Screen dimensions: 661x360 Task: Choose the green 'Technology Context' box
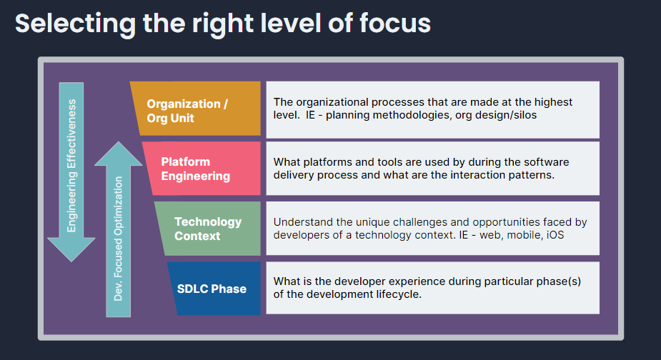point(208,229)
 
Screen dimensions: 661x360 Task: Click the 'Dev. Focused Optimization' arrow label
point(119,239)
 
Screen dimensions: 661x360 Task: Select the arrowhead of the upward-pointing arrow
point(119,154)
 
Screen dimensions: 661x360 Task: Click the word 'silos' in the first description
point(522,115)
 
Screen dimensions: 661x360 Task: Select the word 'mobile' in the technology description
point(522,234)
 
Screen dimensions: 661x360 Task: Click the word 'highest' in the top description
point(553,102)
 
